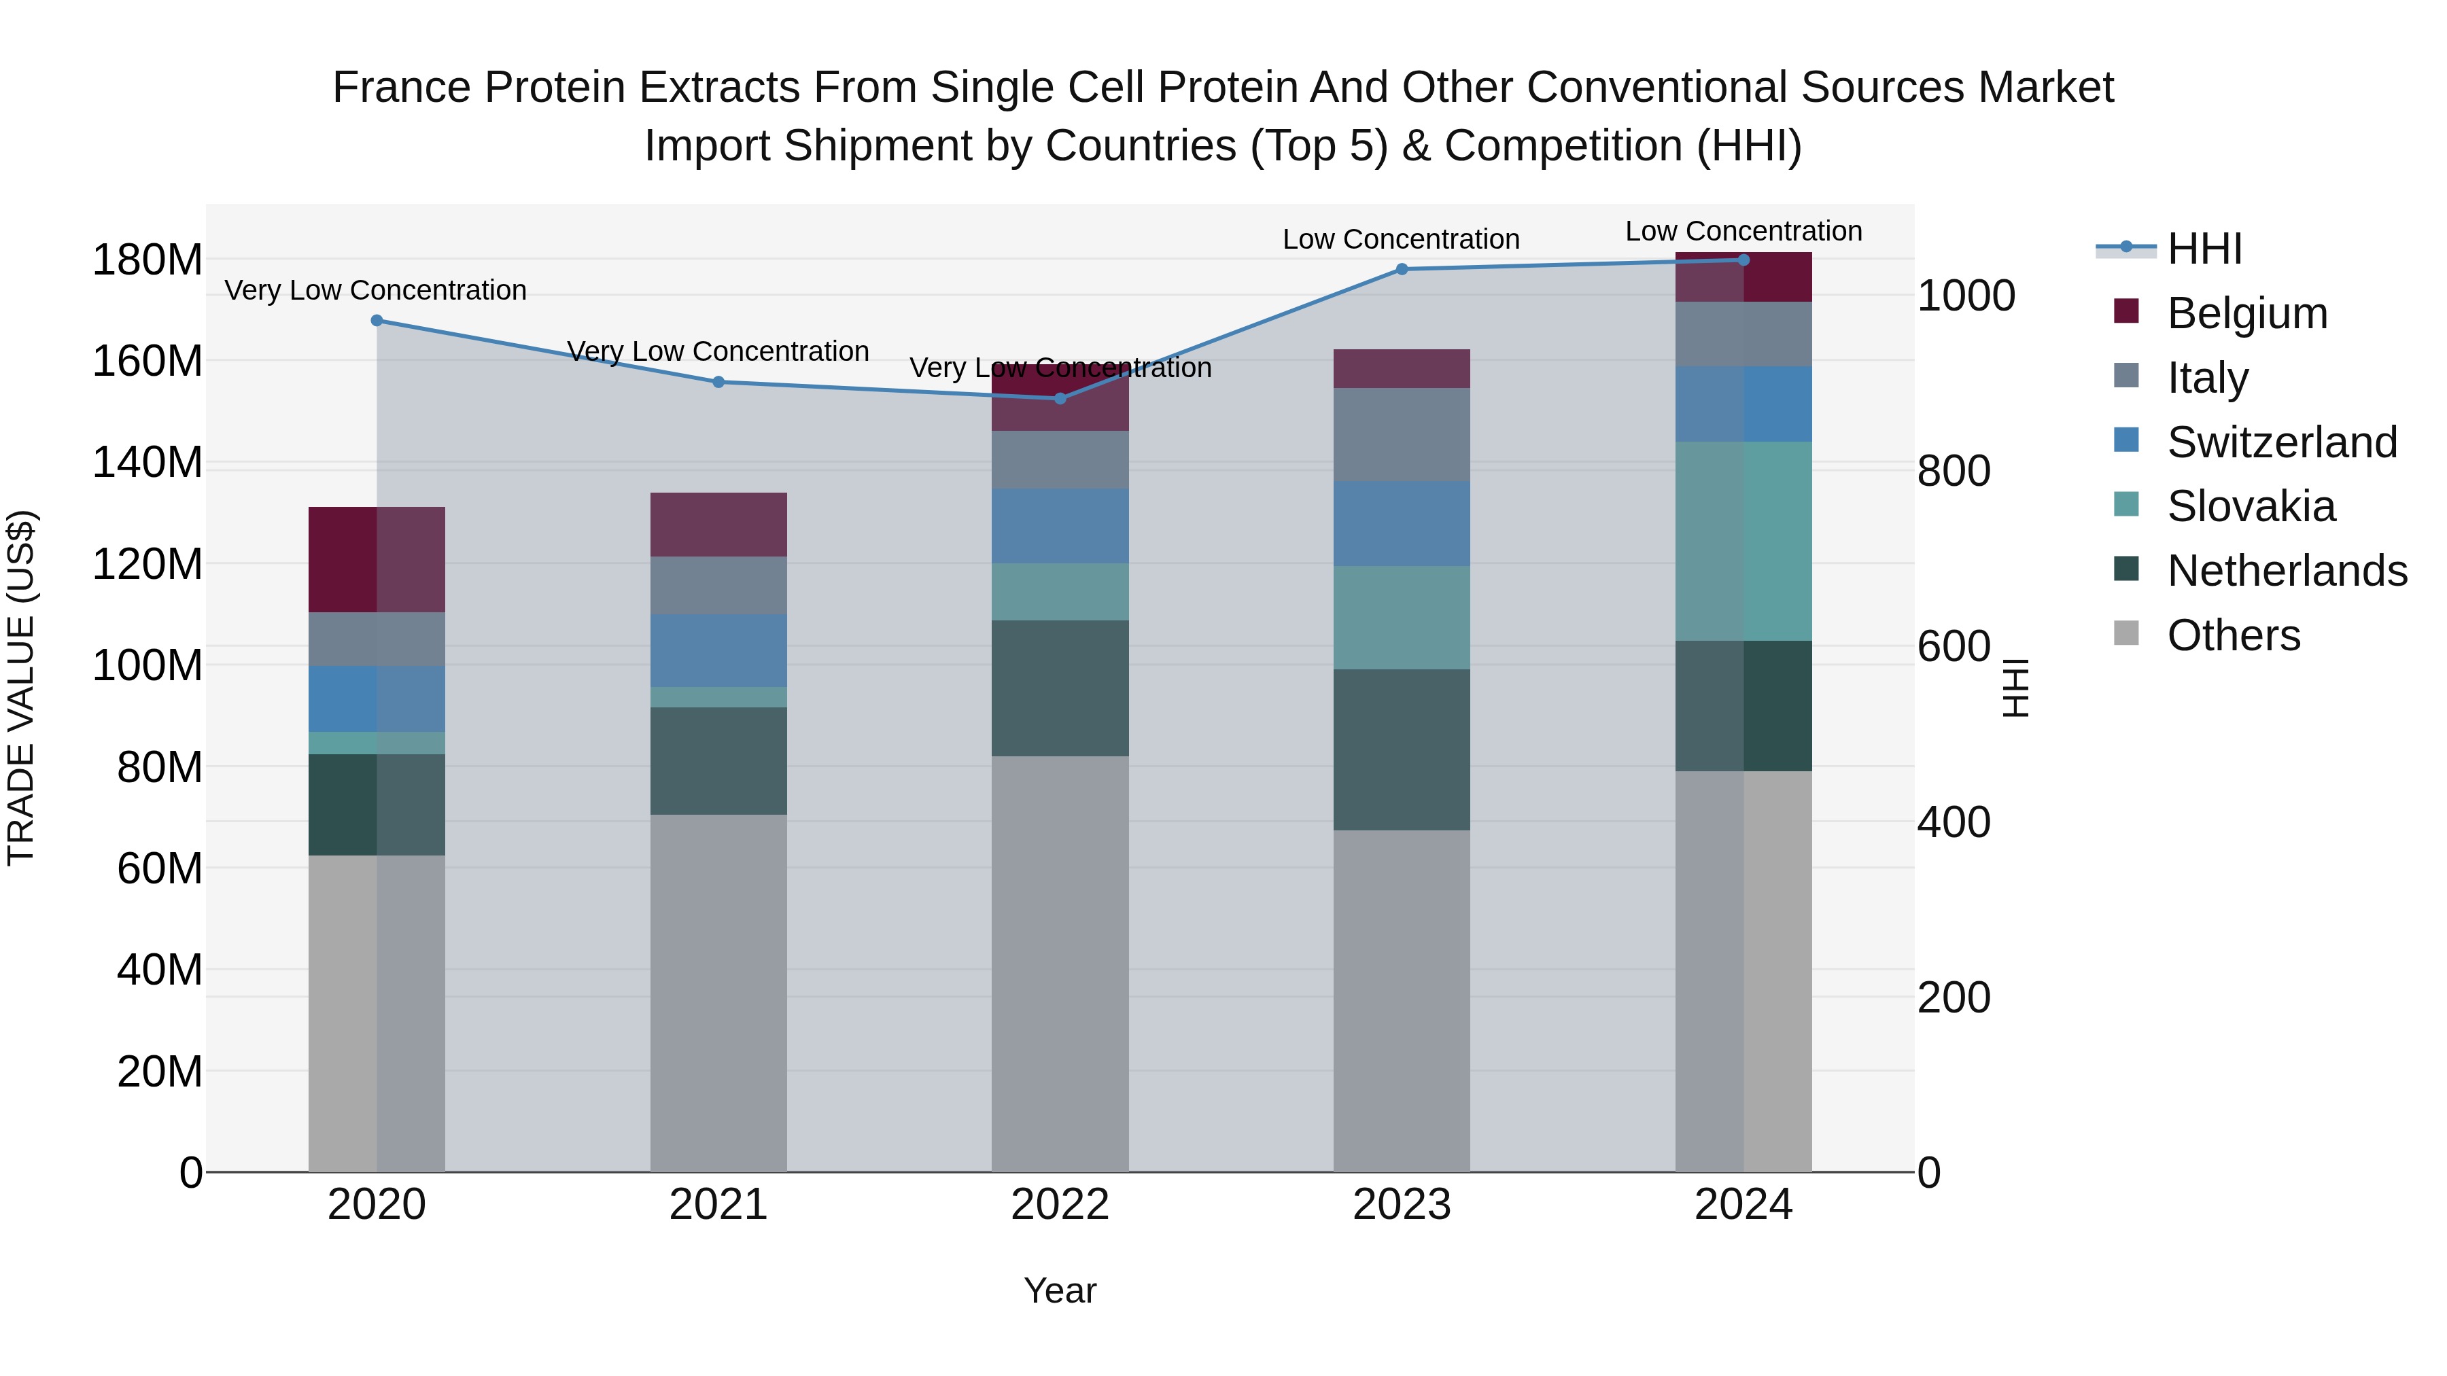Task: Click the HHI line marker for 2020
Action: pos(377,321)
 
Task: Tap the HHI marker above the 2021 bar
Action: pos(718,383)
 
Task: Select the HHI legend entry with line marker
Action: pos(2204,249)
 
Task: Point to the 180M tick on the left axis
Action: pos(147,260)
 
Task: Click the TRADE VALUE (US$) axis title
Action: pos(22,688)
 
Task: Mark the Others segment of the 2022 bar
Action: pos(1060,964)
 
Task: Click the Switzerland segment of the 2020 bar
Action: pos(377,699)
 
